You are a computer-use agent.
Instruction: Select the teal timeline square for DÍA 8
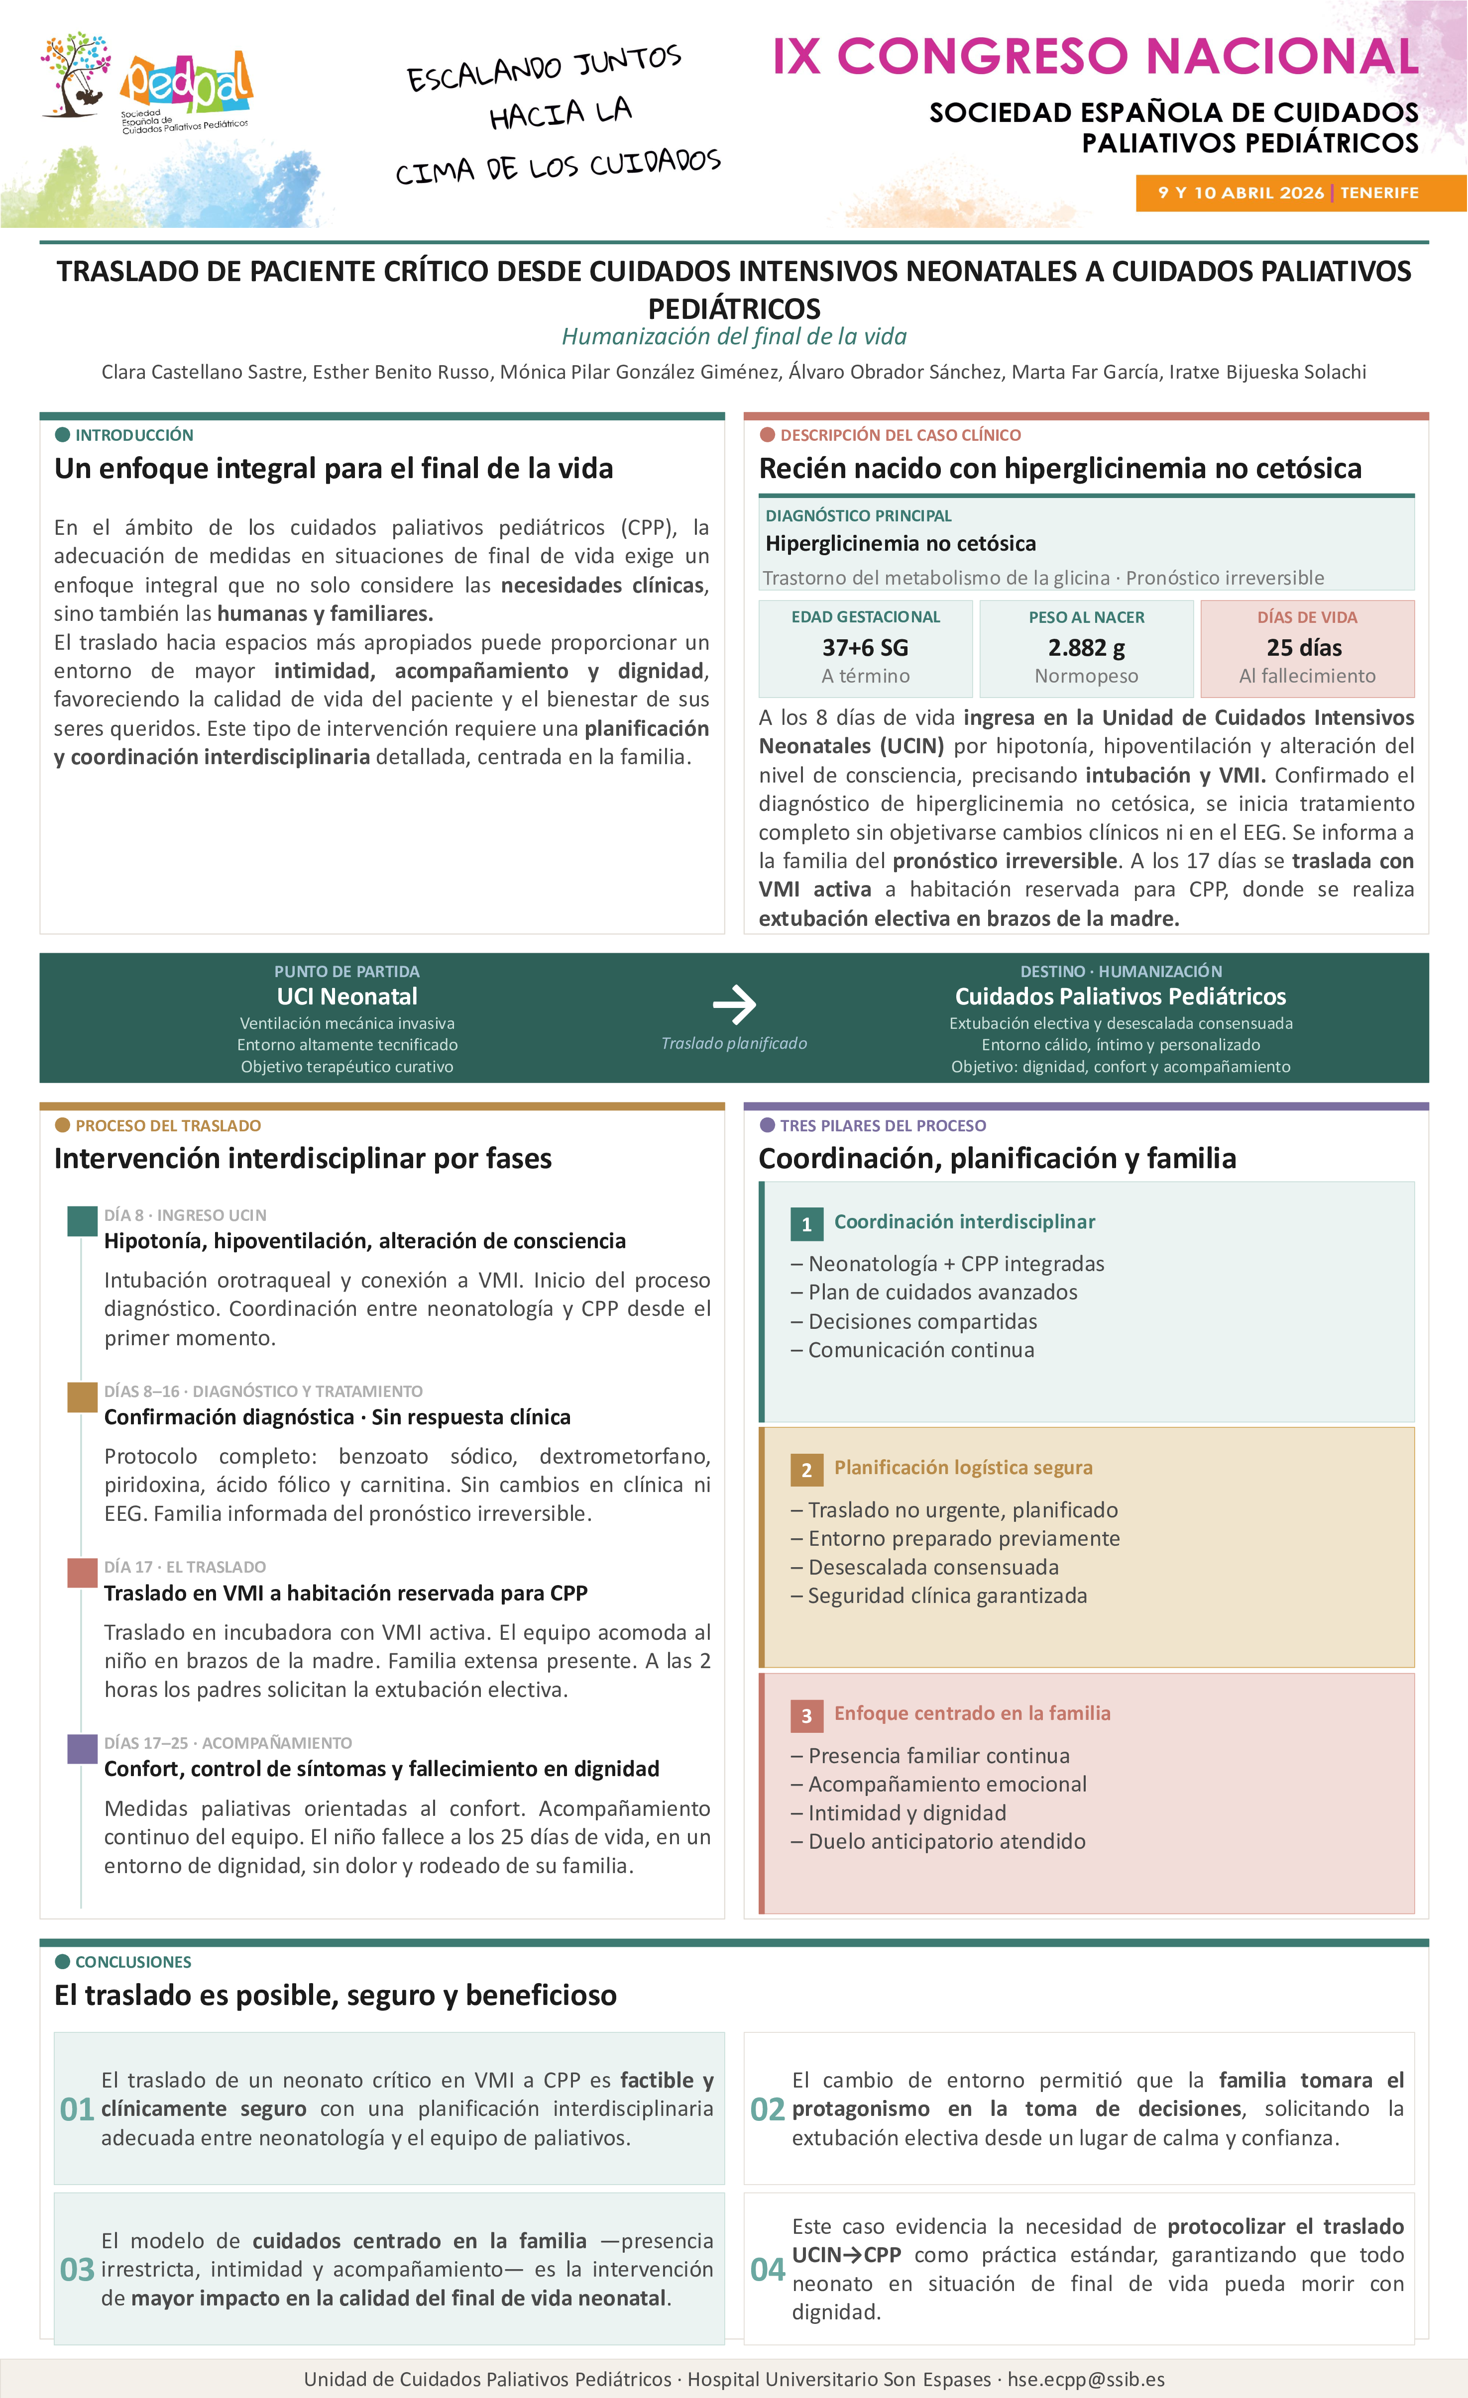click(x=82, y=1220)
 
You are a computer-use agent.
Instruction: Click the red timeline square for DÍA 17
click(x=82, y=1572)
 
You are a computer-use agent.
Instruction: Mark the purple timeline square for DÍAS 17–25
click(x=82, y=1748)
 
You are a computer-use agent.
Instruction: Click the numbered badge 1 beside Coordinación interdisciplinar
click(x=806, y=1224)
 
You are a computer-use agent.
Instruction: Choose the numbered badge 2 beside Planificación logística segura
click(x=806, y=1470)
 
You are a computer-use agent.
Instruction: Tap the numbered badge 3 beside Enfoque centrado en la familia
click(x=806, y=1716)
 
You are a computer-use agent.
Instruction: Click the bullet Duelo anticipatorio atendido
click(x=946, y=1841)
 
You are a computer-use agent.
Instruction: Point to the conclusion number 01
click(x=77, y=2109)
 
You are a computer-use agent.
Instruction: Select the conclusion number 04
click(x=767, y=2270)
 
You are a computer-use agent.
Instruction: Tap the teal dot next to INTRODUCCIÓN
click(x=63, y=435)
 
